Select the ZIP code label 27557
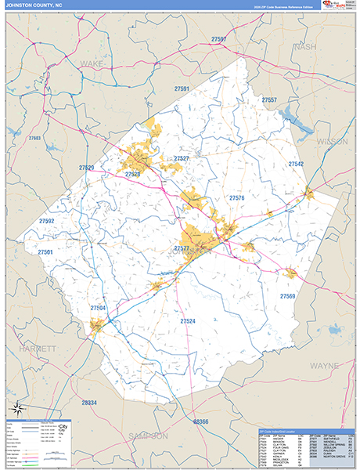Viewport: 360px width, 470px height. point(268,100)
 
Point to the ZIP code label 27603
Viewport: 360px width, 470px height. point(34,138)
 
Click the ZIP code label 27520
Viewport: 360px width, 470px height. point(132,174)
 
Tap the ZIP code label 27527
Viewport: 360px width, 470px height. point(182,158)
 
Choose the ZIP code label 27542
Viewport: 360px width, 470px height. point(295,164)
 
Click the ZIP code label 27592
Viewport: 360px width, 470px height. point(46,222)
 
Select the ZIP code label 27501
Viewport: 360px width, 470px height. point(45,252)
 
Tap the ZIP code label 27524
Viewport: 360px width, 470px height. point(188,321)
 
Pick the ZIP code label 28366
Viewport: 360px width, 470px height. point(200,422)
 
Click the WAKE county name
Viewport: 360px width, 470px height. point(91,61)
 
